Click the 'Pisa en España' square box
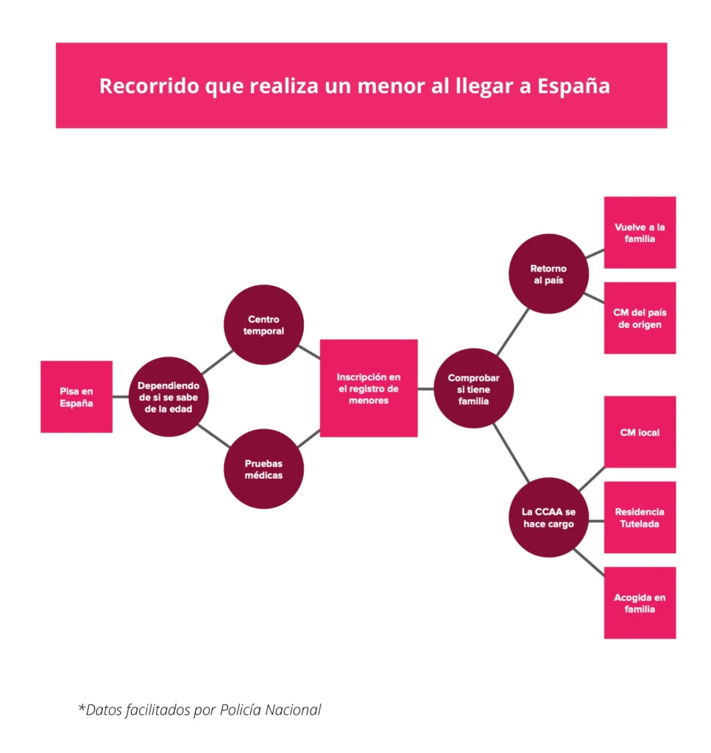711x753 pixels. [77, 396]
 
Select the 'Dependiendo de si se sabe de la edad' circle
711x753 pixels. [169, 396]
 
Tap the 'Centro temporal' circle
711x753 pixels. [263, 325]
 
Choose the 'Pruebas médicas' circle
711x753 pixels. [263, 469]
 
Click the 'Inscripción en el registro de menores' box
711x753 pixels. [368, 388]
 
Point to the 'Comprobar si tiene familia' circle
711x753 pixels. [473, 388]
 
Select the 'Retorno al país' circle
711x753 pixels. [548, 274]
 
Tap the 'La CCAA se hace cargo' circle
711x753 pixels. [548, 518]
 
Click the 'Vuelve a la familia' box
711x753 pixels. [640, 232]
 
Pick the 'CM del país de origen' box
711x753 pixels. [640, 318]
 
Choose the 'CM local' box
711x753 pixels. [640, 432]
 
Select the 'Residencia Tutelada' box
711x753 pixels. [640, 517]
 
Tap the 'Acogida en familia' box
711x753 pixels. [640, 603]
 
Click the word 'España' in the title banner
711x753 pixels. [574, 86]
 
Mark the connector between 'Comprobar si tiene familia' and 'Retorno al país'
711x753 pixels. [512, 333]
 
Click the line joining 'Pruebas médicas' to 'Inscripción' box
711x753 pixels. [308, 439]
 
